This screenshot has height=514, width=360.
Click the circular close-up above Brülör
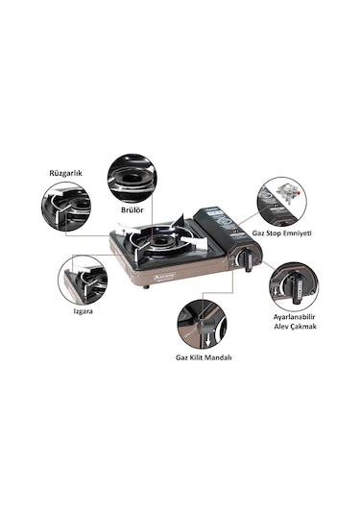[131, 172]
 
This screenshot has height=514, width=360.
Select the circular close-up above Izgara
[83, 279]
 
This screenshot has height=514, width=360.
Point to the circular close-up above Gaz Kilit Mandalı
[203, 319]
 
